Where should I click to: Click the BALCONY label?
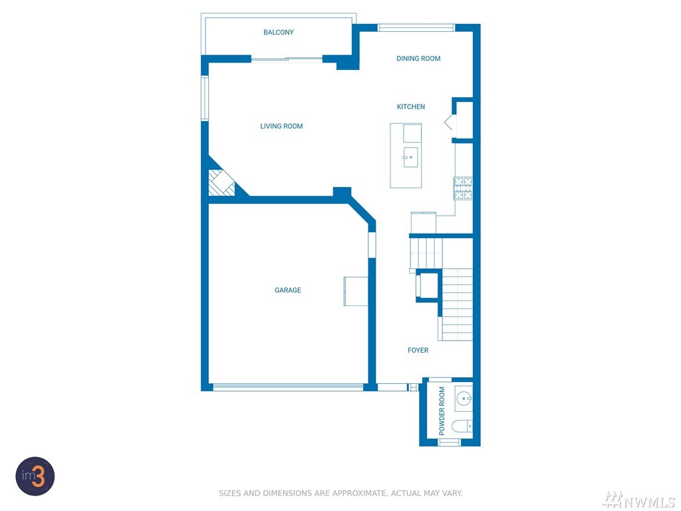(279, 32)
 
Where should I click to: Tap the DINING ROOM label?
(418, 59)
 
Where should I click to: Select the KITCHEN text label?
(411, 106)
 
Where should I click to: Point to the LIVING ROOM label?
(281, 126)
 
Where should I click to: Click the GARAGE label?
(287, 290)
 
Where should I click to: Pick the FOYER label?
(418, 350)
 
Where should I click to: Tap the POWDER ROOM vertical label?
(442, 411)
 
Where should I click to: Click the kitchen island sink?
(410, 157)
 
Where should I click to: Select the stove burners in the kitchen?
(463, 188)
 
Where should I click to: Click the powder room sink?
(464, 398)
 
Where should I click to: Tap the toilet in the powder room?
(462, 426)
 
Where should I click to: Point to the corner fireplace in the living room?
(221, 182)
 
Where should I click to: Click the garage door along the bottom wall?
(288, 387)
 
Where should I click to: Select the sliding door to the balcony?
(287, 59)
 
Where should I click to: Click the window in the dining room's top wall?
(416, 28)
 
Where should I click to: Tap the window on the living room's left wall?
(205, 98)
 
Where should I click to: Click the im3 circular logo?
(35, 476)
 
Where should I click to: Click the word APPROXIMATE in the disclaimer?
(358, 493)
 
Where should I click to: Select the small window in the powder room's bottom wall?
(449, 442)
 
